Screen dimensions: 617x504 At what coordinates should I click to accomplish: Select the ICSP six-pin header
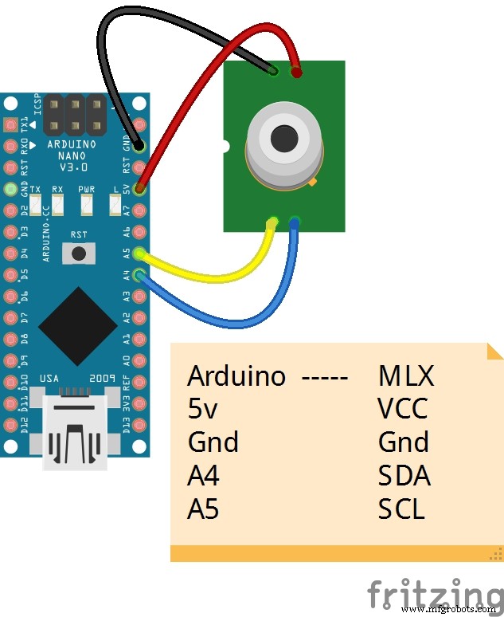(x=76, y=116)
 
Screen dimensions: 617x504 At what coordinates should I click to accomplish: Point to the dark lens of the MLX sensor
(x=283, y=137)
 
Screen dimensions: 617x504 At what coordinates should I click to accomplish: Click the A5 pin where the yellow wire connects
(x=140, y=254)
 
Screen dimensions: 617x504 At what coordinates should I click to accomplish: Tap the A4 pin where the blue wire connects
(x=140, y=276)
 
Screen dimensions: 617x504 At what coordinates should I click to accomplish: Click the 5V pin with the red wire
(x=140, y=190)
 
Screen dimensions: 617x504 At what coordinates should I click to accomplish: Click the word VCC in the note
(x=403, y=408)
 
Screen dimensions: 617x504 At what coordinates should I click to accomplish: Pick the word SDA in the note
(x=404, y=475)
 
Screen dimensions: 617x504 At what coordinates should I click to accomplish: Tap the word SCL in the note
(x=401, y=509)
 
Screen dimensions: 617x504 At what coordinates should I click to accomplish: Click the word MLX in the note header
(x=408, y=375)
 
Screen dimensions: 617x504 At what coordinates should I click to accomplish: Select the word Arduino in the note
(x=236, y=375)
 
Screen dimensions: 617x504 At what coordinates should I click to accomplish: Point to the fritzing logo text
(x=434, y=595)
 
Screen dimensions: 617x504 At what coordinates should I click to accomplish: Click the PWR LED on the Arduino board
(x=86, y=205)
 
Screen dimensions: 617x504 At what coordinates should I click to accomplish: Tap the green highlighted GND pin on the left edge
(x=10, y=189)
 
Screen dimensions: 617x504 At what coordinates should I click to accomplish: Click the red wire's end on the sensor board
(x=297, y=73)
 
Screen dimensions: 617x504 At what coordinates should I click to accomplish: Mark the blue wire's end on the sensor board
(x=295, y=222)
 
